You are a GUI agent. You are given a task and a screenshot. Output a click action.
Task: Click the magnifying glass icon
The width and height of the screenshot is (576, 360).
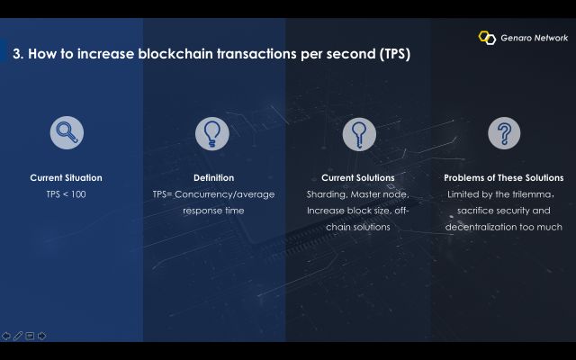click(x=67, y=132)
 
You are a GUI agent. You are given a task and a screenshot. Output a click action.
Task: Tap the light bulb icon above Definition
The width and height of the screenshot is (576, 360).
click(x=212, y=134)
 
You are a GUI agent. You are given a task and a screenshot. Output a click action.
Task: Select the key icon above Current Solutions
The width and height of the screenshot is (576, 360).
click(x=359, y=134)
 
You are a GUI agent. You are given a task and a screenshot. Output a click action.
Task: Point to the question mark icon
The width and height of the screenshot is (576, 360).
click(x=504, y=133)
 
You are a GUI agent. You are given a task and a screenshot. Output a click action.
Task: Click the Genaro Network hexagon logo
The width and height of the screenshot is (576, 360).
click(x=487, y=38)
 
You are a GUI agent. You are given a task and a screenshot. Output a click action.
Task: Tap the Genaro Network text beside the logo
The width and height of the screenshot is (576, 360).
click(x=534, y=38)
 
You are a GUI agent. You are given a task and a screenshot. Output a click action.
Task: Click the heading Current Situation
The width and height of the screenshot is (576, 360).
click(x=66, y=178)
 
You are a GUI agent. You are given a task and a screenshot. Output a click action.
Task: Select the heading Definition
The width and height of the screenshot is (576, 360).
click(x=214, y=178)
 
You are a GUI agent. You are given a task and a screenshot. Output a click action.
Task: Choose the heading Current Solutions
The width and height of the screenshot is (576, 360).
click(x=358, y=178)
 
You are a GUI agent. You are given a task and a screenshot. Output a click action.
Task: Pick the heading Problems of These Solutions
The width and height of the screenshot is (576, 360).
click(x=504, y=178)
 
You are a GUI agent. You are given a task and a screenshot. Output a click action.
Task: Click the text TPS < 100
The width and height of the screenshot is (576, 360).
click(x=66, y=194)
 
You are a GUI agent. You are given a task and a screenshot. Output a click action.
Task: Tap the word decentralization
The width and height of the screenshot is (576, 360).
click(x=481, y=227)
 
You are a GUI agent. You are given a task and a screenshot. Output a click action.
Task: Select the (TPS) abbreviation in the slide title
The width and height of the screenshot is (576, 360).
click(x=395, y=54)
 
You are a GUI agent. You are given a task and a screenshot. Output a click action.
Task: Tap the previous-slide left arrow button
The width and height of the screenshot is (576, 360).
click(x=6, y=336)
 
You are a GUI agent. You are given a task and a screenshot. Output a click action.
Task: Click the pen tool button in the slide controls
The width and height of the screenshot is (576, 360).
click(x=18, y=336)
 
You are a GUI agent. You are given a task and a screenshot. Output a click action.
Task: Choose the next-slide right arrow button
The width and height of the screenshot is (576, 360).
click(x=42, y=336)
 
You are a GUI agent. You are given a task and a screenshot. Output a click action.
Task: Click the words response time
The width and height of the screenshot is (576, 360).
click(x=213, y=211)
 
